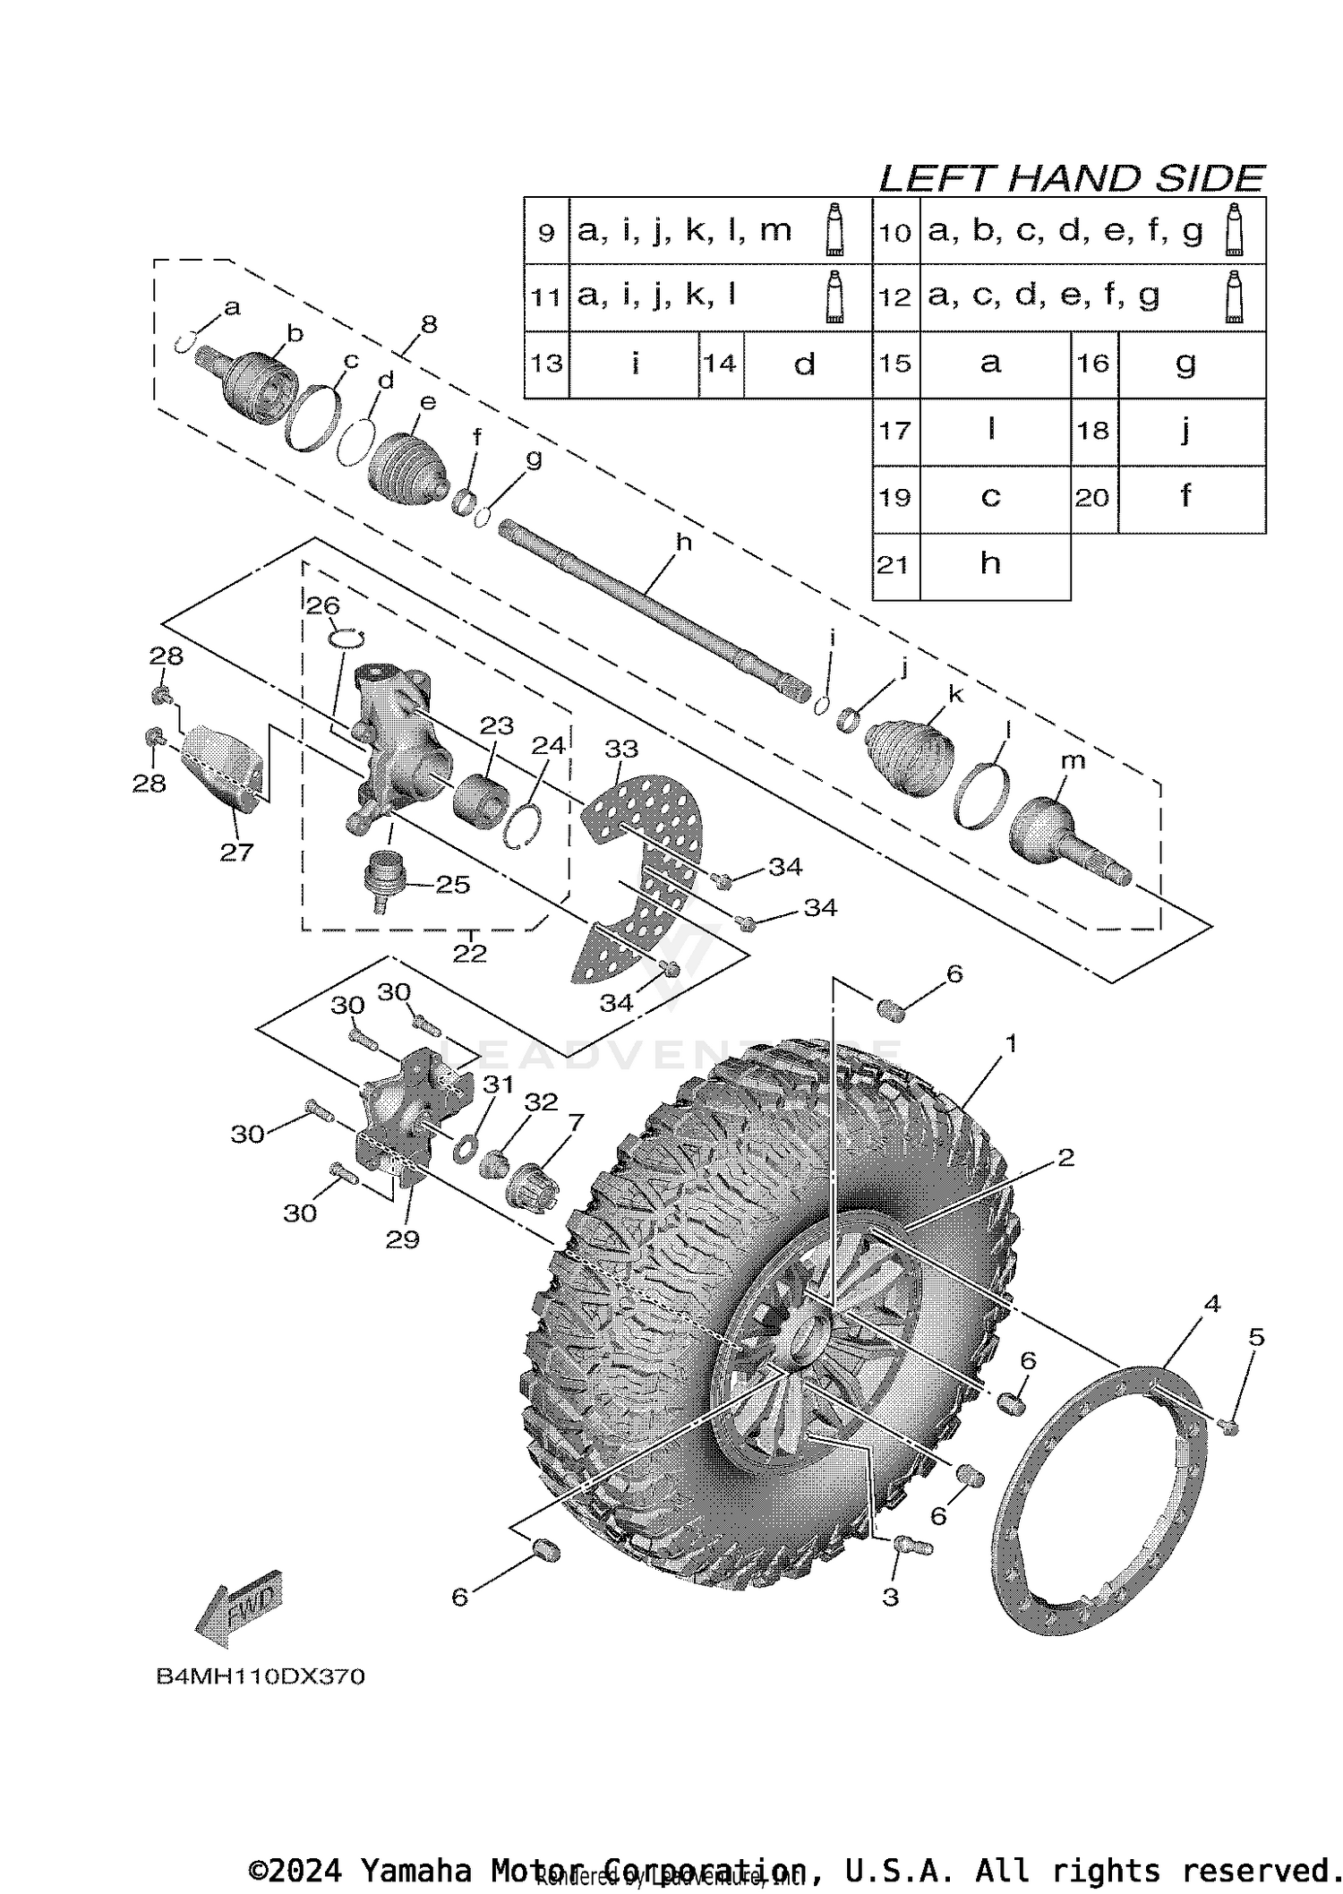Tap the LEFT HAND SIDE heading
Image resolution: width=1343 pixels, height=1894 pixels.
click(x=1071, y=179)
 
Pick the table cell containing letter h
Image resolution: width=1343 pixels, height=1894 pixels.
click(x=990, y=563)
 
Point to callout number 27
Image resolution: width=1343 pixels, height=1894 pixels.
click(x=236, y=853)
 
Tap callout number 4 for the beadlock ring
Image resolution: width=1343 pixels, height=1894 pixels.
click(x=1211, y=1305)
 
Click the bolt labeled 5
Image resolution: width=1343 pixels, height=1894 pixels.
click(x=1229, y=1427)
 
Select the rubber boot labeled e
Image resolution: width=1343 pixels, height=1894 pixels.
click(x=407, y=463)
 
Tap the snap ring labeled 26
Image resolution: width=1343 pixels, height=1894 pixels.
click(x=346, y=637)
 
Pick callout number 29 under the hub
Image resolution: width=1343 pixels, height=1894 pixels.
click(x=402, y=1239)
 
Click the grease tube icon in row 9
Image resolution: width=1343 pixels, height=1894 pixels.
click(x=835, y=231)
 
